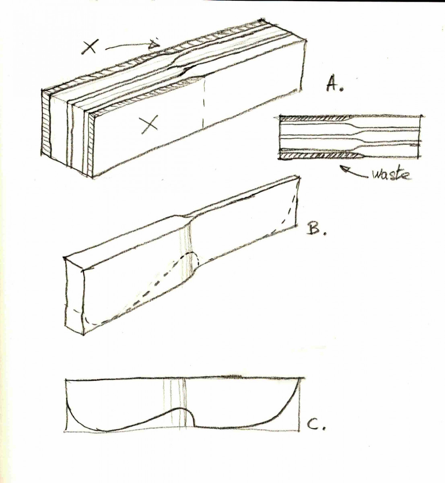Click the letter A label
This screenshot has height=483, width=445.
tap(334, 85)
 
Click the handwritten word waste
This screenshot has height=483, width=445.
tap(389, 174)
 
